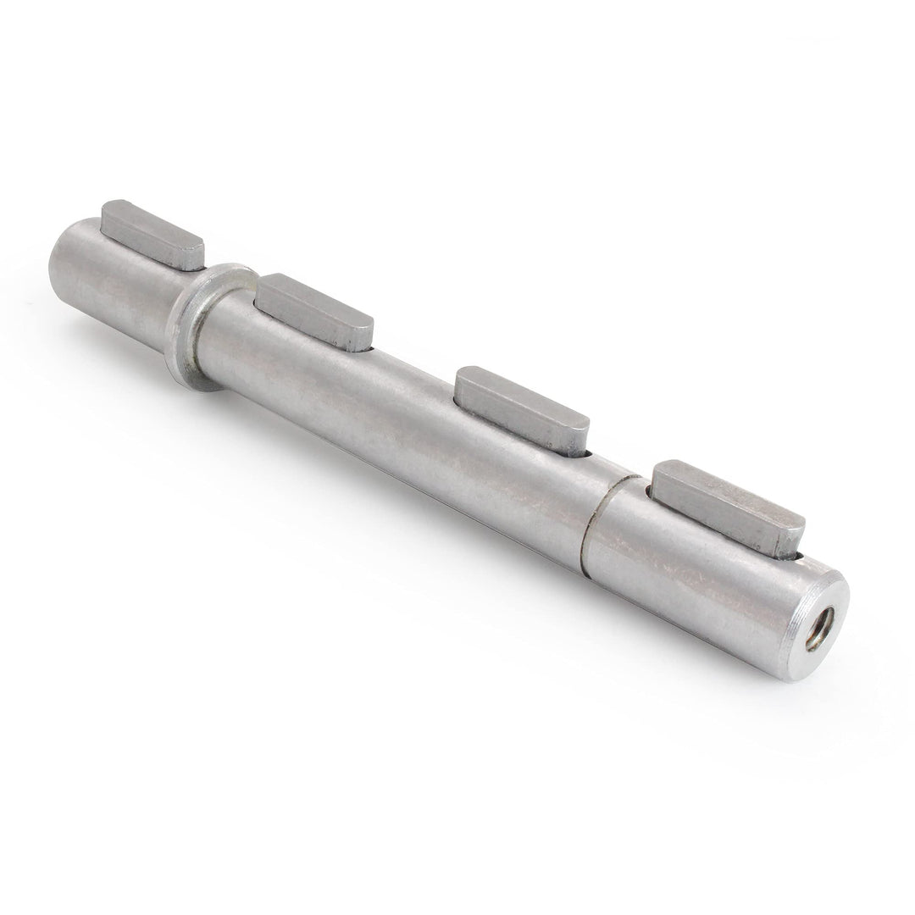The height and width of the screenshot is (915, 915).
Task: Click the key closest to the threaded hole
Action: [729, 507]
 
